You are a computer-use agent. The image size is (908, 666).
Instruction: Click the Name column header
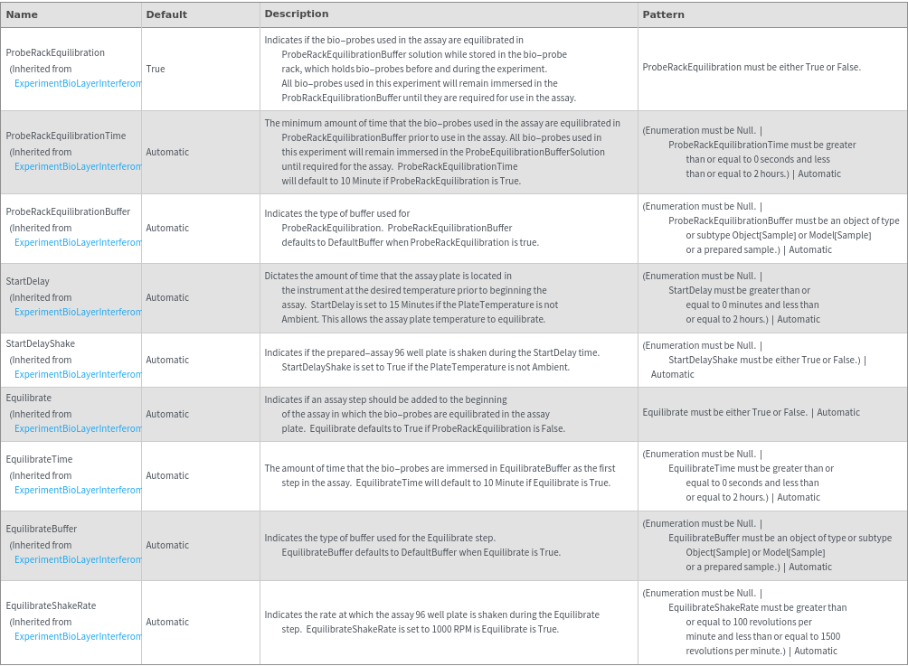click(22, 14)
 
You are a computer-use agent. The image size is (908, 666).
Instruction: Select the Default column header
click(166, 14)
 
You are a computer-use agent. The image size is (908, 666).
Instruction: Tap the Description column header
click(297, 14)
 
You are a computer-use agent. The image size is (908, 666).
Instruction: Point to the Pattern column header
click(663, 14)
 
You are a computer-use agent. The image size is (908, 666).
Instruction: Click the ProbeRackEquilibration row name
click(55, 52)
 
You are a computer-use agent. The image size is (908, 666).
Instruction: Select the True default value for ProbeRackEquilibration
click(156, 69)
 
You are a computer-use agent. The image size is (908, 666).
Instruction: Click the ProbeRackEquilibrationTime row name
click(66, 136)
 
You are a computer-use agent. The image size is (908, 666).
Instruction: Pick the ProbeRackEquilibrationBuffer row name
click(68, 211)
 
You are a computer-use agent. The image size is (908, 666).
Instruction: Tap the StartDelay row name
click(28, 281)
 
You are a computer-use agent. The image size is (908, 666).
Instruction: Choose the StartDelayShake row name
click(41, 343)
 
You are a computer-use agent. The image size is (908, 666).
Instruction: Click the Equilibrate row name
click(29, 398)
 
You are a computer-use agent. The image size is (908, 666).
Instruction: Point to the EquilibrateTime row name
click(39, 459)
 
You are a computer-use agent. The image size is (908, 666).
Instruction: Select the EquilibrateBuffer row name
click(42, 529)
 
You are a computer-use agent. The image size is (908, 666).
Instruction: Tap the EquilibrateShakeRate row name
click(51, 605)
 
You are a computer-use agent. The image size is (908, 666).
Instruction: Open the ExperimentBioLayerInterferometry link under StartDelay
click(78, 312)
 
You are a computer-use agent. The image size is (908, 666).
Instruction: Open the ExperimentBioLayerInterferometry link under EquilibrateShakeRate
click(78, 636)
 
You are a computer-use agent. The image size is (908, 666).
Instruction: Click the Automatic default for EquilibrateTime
click(167, 475)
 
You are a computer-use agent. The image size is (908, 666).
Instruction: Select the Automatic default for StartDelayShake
click(167, 360)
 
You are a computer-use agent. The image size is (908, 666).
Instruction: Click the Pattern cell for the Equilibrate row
click(751, 412)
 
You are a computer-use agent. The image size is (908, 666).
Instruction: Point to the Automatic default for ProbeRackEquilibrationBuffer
click(167, 228)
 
